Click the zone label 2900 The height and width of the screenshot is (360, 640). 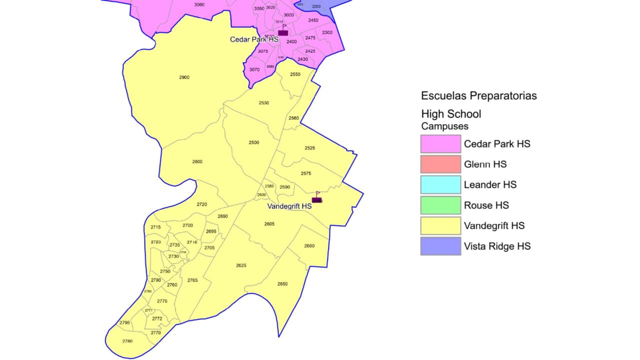pos(184,77)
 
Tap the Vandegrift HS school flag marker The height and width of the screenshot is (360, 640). pos(316,199)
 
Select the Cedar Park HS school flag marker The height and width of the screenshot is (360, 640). pos(283,32)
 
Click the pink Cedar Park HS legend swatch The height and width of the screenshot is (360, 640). pos(440,144)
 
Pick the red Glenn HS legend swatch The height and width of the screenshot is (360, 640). pos(440,164)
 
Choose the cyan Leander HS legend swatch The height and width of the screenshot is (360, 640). pos(440,185)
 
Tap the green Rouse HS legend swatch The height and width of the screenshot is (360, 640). pos(440,205)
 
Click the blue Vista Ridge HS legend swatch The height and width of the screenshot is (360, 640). pos(440,246)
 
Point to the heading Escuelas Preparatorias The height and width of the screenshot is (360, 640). pos(478,95)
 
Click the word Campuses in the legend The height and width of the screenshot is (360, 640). pos(444,126)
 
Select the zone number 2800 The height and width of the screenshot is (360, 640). pos(197,161)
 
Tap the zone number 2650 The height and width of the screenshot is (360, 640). pos(282,284)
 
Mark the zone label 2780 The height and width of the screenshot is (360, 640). pos(127,341)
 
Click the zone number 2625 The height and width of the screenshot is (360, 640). pos(241,265)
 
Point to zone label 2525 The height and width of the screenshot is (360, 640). pos(309,148)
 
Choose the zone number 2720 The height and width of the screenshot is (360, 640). pos(202,204)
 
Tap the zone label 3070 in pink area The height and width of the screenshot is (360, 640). pos(254,70)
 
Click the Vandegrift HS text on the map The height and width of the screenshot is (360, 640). pos(289,206)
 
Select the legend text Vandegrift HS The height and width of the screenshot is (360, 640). pos(494,225)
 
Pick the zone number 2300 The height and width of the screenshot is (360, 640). pos(327,32)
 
